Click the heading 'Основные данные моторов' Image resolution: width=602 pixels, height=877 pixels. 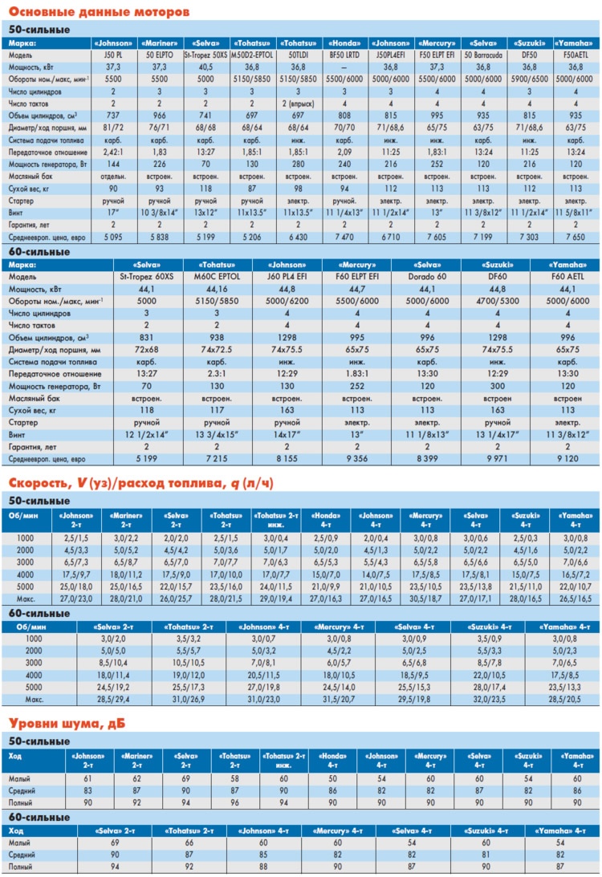pyautogui.click(x=99, y=12)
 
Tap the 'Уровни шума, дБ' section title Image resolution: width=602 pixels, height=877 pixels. pyautogui.click(x=67, y=724)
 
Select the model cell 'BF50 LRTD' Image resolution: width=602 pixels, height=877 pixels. pyautogui.click(x=344, y=55)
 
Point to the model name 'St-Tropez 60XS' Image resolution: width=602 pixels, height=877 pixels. pyautogui.click(x=147, y=277)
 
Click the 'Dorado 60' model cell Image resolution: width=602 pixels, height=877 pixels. pyautogui.click(x=427, y=277)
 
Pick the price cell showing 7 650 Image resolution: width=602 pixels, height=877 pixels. pyautogui.click(x=576, y=238)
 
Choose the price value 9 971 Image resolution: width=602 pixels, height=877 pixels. pyautogui.click(x=498, y=459)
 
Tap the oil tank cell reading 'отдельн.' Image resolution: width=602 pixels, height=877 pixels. pyautogui.click(x=113, y=177)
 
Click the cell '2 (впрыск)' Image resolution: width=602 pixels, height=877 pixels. pyautogui.click(x=299, y=104)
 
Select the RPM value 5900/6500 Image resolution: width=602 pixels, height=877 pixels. pyautogui.click(x=529, y=79)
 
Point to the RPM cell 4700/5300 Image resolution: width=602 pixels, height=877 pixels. pyautogui.click(x=498, y=301)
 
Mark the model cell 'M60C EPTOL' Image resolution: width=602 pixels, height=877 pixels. pyautogui.click(x=217, y=277)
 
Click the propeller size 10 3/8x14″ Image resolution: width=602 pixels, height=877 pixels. pyautogui.click(x=160, y=213)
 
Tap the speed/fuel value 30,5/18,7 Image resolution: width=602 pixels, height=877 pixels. pyautogui.click(x=425, y=599)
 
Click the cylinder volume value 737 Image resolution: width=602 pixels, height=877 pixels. pyautogui.click(x=113, y=116)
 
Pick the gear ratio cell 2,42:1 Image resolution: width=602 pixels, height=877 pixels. pyautogui.click(x=113, y=152)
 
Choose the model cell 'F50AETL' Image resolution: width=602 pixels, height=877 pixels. pyautogui.click(x=576, y=55)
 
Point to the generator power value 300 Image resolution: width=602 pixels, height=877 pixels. pyautogui.click(x=498, y=386)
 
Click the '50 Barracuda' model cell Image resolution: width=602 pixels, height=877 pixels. pyautogui.click(x=483, y=55)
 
